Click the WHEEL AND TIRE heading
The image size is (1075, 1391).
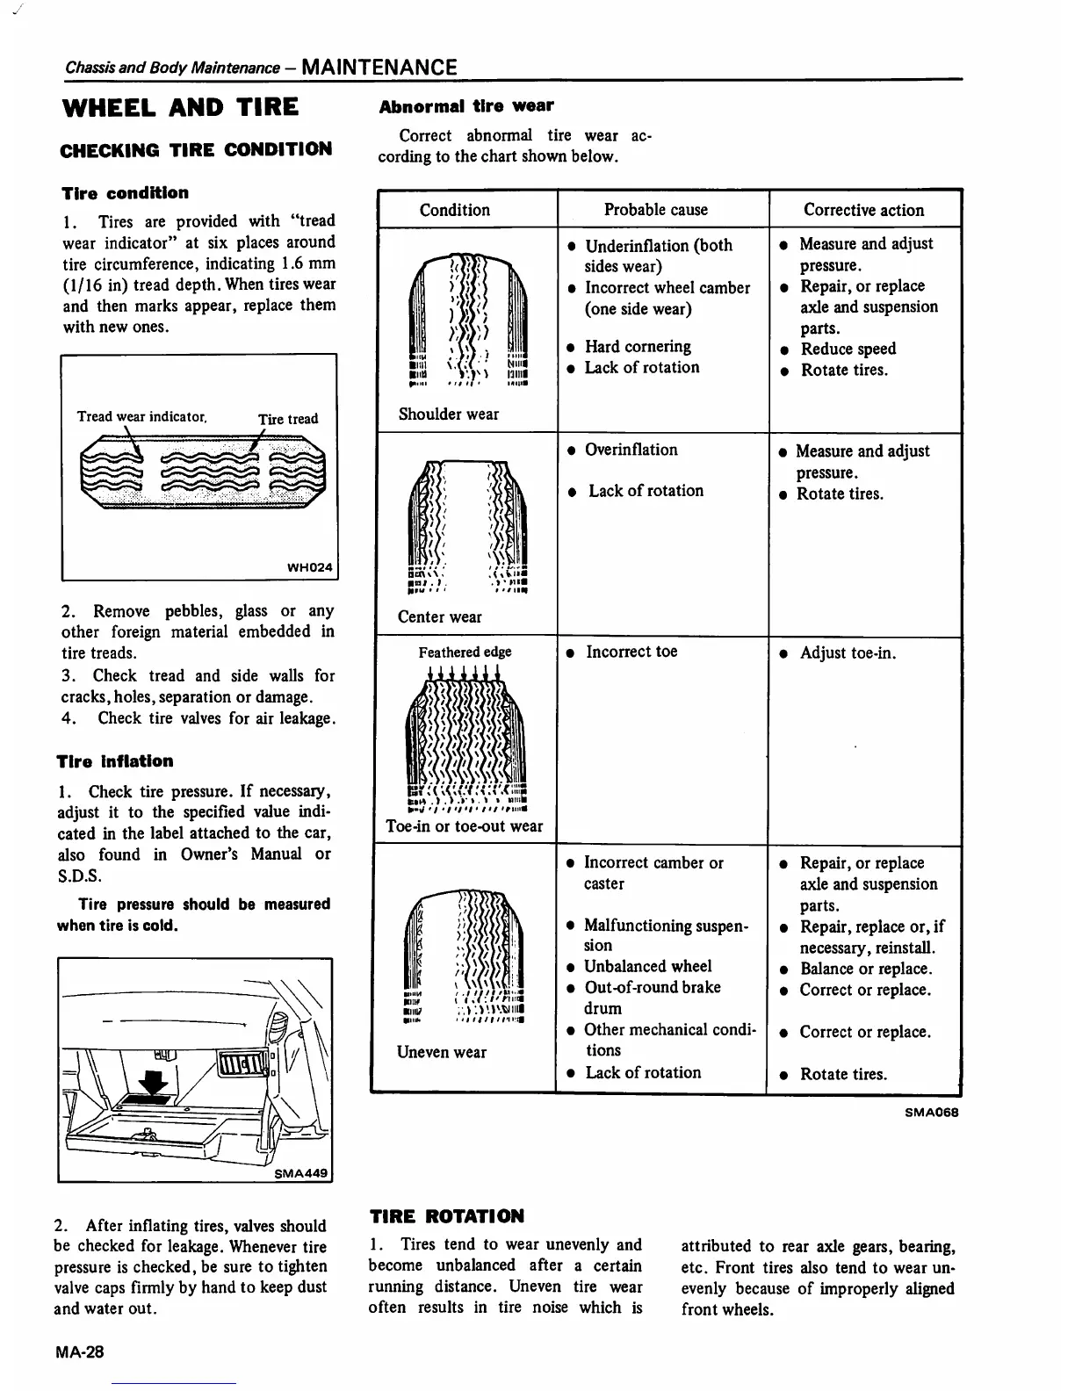(180, 108)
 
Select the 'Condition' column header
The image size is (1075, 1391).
(454, 210)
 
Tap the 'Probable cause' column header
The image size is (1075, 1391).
(655, 210)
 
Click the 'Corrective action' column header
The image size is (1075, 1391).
(863, 210)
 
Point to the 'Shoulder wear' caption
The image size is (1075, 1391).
(448, 414)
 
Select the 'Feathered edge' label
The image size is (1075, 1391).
(465, 652)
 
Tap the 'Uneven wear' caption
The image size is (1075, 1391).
(441, 1052)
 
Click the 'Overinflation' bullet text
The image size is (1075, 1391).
(631, 450)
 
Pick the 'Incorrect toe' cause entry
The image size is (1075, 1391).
(631, 652)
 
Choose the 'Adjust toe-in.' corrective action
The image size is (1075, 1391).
(848, 652)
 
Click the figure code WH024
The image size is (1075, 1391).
(310, 567)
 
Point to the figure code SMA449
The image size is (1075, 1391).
(301, 1172)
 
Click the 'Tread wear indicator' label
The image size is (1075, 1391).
(141, 416)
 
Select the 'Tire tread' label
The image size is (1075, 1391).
(288, 419)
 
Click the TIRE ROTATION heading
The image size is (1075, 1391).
(447, 1216)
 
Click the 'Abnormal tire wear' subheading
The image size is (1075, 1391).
(465, 106)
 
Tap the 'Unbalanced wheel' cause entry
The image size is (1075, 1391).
(648, 967)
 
